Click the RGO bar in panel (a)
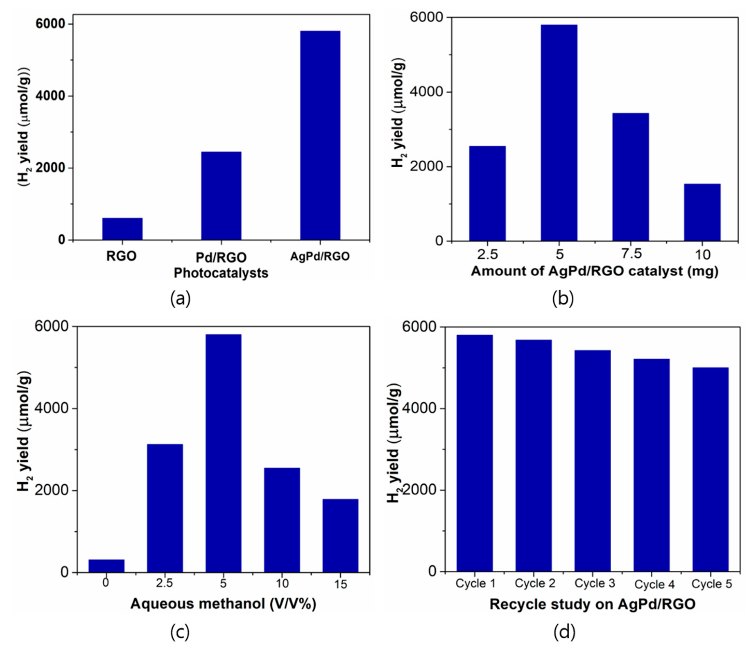(x=122, y=229)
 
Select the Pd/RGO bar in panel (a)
(x=221, y=196)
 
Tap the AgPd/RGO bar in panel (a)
(x=320, y=136)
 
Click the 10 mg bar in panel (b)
(x=702, y=212)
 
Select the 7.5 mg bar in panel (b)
(x=630, y=177)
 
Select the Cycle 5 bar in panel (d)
(x=710, y=470)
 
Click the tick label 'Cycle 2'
(x=535, y=583)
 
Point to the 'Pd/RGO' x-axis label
(x=221, y=257)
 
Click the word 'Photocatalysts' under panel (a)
(x=221, y=273)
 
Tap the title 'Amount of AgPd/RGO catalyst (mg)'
(x=594, y=271)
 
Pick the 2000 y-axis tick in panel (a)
(x=51, y=168)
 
